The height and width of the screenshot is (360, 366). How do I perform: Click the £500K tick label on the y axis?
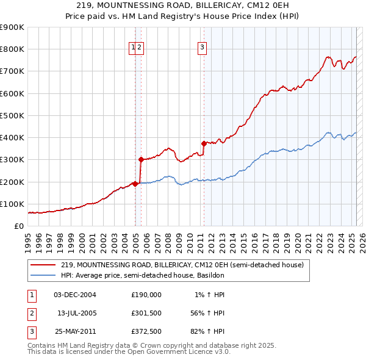[x=12, y=115]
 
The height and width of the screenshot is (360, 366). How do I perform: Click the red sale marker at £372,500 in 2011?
[x=204, y=144]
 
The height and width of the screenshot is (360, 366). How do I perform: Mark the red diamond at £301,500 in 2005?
[x=141, y=160]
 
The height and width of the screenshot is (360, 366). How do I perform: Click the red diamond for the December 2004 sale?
[x=135, y=184]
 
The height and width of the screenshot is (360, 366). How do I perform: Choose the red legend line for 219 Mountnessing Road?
[x=43, y=265]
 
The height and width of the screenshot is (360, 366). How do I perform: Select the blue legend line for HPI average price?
[x=43, y=275]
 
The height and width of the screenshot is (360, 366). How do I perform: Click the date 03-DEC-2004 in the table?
[x=75, y=295]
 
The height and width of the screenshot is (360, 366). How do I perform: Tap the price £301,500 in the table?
[x=146, y=314]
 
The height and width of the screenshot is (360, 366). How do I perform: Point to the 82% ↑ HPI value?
[x=207, y=333]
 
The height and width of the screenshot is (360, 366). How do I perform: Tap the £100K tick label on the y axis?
[x=12, y=204]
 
